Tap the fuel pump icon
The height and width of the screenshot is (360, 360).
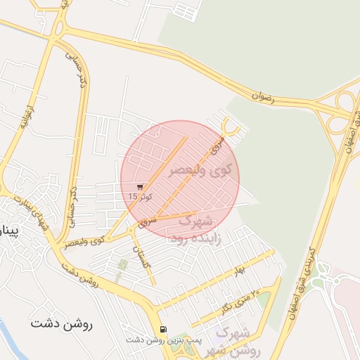164,328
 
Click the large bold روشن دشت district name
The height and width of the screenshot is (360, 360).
62,325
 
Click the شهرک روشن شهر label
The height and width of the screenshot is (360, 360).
236,340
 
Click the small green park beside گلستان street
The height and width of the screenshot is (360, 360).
124,266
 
